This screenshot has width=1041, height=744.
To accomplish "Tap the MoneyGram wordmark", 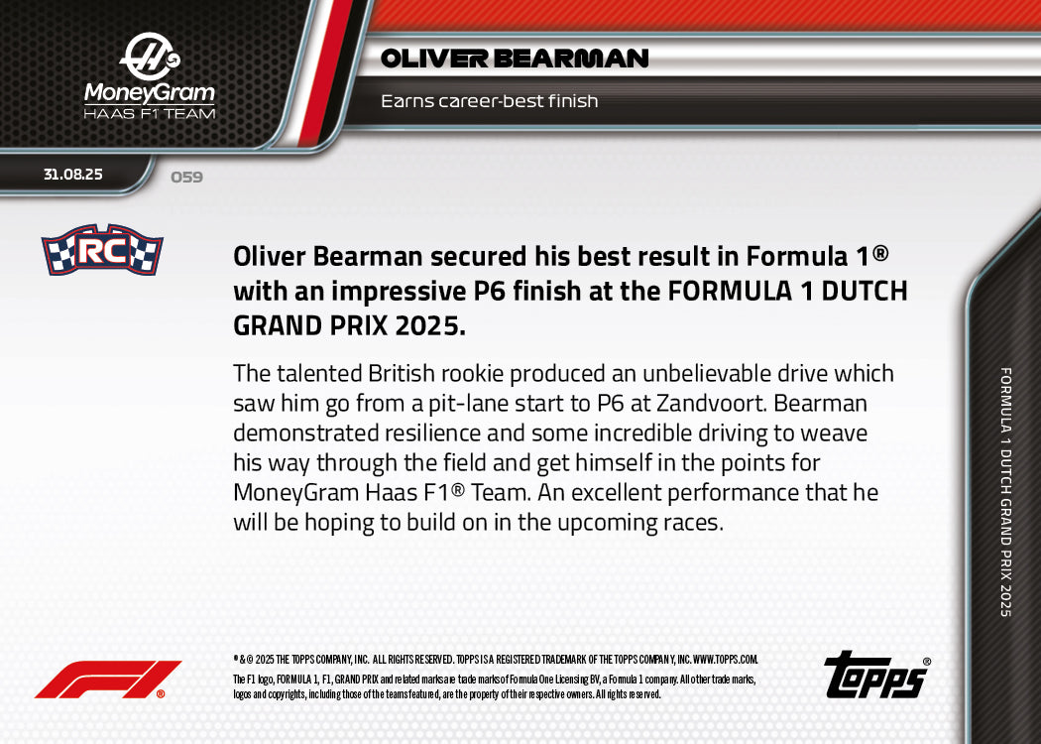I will (150, 93).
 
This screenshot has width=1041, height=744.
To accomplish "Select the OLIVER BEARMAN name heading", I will (515, 59).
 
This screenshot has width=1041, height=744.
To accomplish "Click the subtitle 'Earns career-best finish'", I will (489, 101).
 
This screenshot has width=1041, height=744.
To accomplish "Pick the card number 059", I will (186, 178).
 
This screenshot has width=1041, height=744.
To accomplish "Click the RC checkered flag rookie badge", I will (102, 250).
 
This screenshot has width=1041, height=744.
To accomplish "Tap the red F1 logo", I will (107, 680).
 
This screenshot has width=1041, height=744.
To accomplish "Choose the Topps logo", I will (875, 676).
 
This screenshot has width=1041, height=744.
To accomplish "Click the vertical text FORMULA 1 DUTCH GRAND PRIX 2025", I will (1006, 492).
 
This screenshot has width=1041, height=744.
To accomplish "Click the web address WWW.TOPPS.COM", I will (725, 659).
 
